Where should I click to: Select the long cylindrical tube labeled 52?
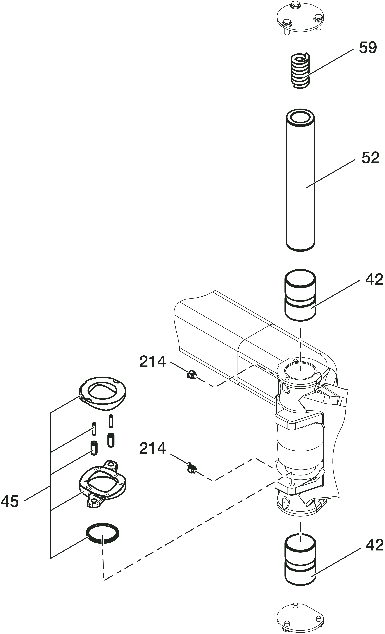tap(300, 180)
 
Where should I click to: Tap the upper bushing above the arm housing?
tap(300, 295)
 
